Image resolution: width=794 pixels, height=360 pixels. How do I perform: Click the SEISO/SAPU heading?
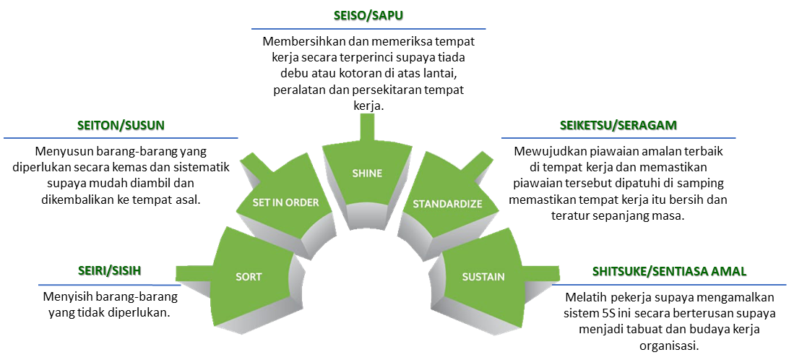[368, 16]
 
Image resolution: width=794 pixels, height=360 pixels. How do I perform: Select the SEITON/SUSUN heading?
[121, 125]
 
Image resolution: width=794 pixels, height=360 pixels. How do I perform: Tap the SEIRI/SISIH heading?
[109, 271]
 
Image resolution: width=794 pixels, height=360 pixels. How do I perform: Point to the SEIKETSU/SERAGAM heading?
[618, 125]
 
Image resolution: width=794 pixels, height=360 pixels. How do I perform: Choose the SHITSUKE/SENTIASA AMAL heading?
[669, 271]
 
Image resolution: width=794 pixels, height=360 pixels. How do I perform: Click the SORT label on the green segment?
[249, 277]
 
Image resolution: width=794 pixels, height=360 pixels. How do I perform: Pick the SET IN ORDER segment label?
[285, 202]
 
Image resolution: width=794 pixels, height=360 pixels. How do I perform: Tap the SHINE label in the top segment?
[367, 173]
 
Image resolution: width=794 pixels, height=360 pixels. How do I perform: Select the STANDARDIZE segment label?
[448, 205]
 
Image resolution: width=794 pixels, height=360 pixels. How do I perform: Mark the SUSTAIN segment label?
[483, 277]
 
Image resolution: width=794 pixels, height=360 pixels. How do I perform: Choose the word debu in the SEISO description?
[292, 74]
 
